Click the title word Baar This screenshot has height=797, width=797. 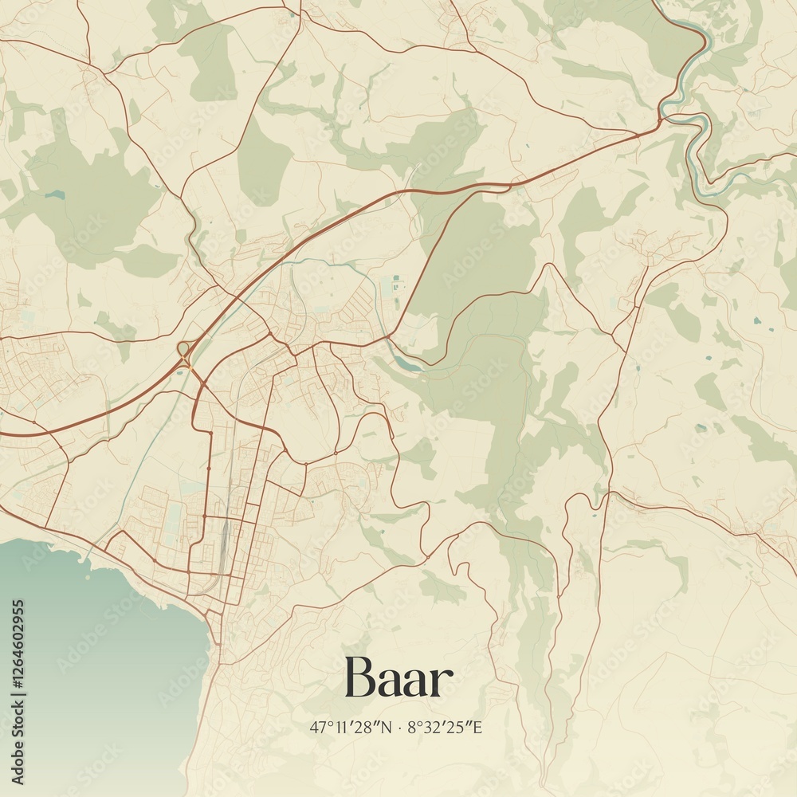pyautogui.click(x=398, y=678)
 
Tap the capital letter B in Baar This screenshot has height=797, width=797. pyautogui.click(x=359, y=678)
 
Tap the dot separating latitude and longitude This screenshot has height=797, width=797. pyautogui.click(x=399, y=728)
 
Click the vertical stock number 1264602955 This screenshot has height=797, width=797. pyautogui.click(x=18, y=690)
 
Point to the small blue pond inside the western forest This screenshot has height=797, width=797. pyautogui.click(x=54, y=194)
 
